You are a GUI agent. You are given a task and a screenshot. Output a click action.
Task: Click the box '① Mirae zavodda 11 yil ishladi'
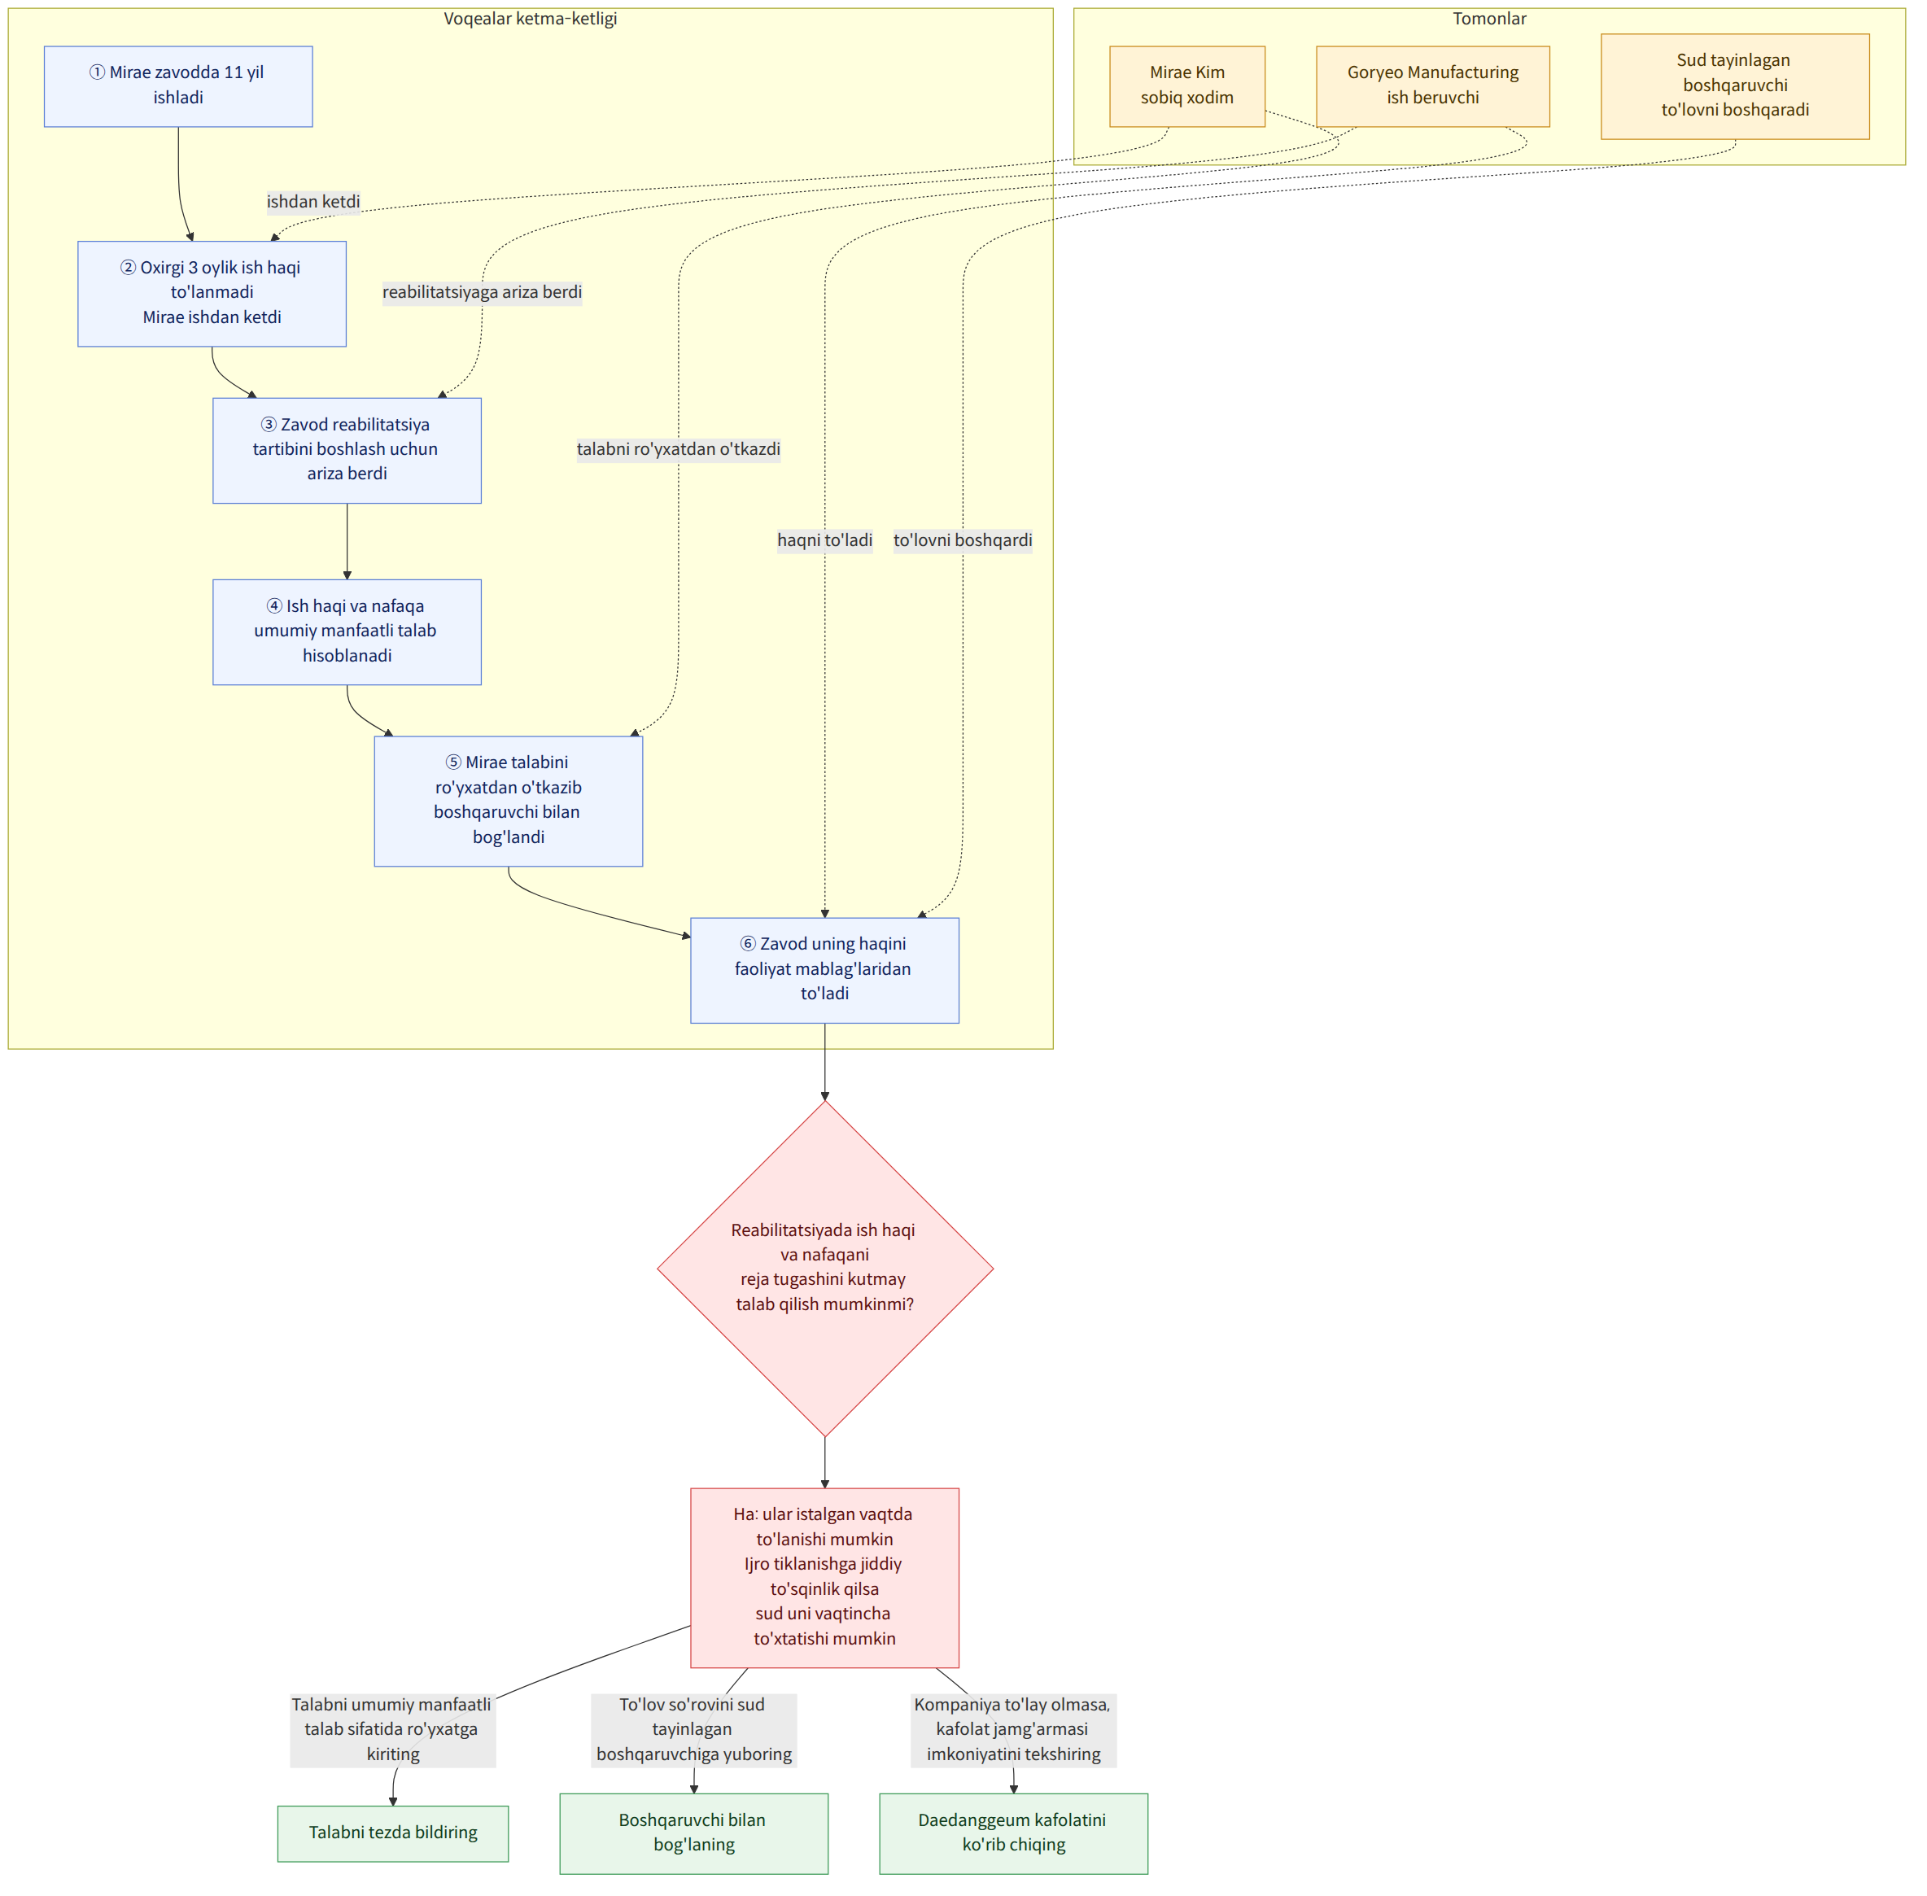[x=178, y=85]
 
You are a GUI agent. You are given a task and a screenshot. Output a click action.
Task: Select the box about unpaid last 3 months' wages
[x=212, y=293]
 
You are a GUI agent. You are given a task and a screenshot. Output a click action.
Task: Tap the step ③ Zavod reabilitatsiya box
[x=347, y=450]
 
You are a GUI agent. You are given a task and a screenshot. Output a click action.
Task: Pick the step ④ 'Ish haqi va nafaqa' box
[x=347, y=631]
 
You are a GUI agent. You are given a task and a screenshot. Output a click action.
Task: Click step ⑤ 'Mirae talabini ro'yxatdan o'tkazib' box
[x=508, y=801]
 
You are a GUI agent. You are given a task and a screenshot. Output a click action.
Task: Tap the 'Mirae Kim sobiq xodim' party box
[x=1187, y=85]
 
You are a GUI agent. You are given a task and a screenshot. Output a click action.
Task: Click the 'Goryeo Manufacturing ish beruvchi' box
[x=1433, y=85]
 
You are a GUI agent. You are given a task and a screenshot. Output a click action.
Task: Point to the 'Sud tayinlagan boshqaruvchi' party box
[x=1735, y=85]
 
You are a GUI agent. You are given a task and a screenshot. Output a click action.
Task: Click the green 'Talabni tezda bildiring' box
[x=393, y=1833]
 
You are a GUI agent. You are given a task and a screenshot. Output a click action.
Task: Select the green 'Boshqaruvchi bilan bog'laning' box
[x=694, y=1833]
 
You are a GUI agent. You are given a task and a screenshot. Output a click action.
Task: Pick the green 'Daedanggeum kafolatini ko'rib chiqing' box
[x=1014, y=1833]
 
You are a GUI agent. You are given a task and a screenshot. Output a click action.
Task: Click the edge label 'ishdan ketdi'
[x=313, y=201]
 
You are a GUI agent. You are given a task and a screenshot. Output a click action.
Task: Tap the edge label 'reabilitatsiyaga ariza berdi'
[x=482, y=292]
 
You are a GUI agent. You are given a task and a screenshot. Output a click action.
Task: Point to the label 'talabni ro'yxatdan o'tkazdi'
[x=678, y=449]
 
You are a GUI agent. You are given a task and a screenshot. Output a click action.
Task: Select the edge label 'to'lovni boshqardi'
[x=963, y=540]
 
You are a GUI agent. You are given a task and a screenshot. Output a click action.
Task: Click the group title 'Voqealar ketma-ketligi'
[x=531, y=19]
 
